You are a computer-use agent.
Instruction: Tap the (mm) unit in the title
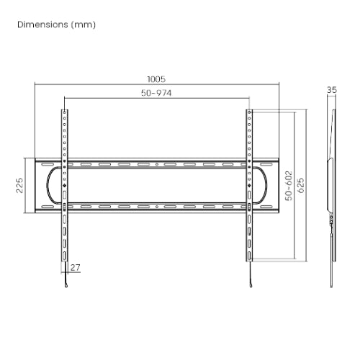coord(84,24)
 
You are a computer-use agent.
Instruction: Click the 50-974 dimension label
coord(157,94)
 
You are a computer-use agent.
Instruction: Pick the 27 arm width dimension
coord(76,267)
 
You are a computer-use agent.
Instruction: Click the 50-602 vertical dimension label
coord(288,185)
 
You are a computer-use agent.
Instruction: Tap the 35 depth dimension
coord(331,90)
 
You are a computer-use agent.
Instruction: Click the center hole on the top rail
coord(157,165)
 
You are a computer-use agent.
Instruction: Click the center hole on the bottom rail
coord(157,206)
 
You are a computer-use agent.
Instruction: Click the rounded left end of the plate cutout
coord(50,186)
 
